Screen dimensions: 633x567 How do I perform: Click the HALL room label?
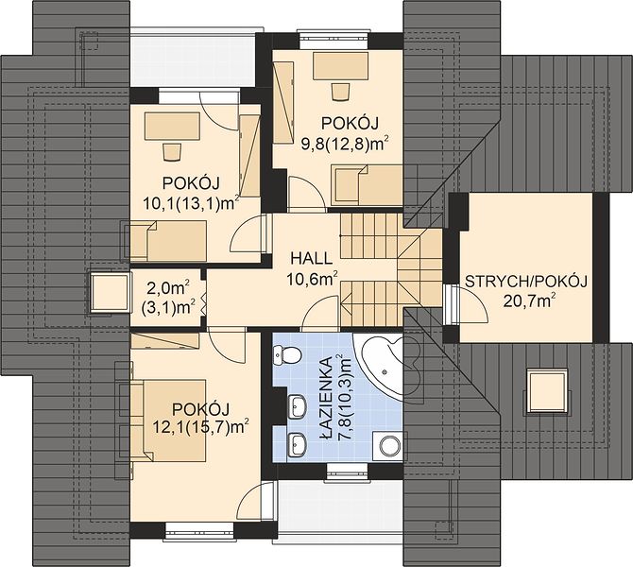[311, 258]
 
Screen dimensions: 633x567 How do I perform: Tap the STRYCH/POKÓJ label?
[526, 281]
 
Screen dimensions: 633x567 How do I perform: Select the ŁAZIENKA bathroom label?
[325, 388]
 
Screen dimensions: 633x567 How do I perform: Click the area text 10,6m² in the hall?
[312, 278]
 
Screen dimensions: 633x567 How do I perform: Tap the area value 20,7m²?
[529, 301]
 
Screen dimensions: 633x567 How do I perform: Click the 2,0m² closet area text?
[168, 288]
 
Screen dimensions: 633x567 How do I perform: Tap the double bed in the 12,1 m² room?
[168, 420]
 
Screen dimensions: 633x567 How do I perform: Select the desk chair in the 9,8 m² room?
[340, 92]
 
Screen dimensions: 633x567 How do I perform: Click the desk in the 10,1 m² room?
[172, 127]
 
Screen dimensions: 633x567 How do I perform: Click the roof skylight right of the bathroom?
[548, 392]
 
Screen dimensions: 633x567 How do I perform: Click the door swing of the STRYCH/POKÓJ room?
[470, 304]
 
